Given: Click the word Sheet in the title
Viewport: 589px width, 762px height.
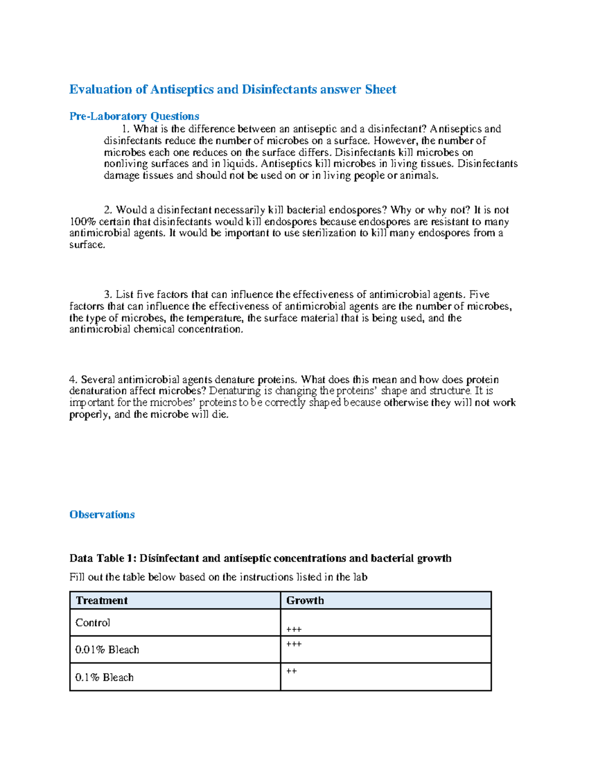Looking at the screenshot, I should point(380,89).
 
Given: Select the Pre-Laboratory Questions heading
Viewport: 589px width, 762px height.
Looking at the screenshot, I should point(134,116).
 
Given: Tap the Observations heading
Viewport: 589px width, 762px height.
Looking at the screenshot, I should point(102,515).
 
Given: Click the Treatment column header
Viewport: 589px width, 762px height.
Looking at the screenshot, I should point(102,601).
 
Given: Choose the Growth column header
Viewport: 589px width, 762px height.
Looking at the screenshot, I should point(305,601).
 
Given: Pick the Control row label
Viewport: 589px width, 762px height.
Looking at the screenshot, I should point(93,623).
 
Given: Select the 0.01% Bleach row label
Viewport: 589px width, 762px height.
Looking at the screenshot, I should point(107,650).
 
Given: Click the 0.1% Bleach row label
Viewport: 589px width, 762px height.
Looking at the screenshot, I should point(104,677).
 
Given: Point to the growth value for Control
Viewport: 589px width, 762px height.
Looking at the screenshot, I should point(294,630).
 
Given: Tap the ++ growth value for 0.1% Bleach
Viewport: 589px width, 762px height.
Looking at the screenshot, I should point(291,671).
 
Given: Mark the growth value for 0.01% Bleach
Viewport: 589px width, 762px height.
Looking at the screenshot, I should point(294,644).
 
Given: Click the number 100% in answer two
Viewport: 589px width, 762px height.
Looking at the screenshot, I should point(82,222).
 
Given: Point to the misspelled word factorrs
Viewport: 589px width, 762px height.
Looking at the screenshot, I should point(87,307).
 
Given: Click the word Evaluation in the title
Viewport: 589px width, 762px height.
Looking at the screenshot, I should point(101,89).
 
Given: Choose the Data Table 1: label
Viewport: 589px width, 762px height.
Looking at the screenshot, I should point(103,558).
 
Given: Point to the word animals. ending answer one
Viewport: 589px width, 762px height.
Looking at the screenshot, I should point(419,176).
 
